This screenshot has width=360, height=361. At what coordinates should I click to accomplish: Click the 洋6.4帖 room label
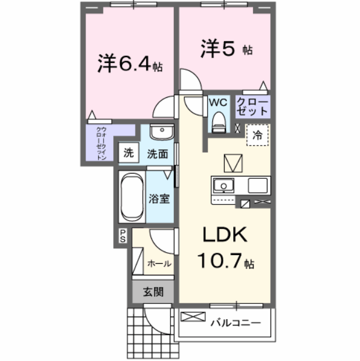click(x=130, y=63)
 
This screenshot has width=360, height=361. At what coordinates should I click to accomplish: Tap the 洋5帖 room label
click(x=226, y=49)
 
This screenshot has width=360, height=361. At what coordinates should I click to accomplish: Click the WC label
click(x=218, y=102)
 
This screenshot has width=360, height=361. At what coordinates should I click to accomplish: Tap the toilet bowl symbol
click(x=219, y=121)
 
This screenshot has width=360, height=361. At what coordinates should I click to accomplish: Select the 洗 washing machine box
click(x=128, y=154)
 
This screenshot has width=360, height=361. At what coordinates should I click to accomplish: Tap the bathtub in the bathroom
click(x=131, y=197)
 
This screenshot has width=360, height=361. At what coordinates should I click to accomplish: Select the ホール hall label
click(x=159, y=263)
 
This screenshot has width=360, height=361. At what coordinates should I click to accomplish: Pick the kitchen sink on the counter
click(x=222, y=186)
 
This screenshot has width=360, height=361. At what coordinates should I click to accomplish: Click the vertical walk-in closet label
click(x=101, y=143)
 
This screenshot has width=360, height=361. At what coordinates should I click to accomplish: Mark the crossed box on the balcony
click(x=193, y=317)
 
